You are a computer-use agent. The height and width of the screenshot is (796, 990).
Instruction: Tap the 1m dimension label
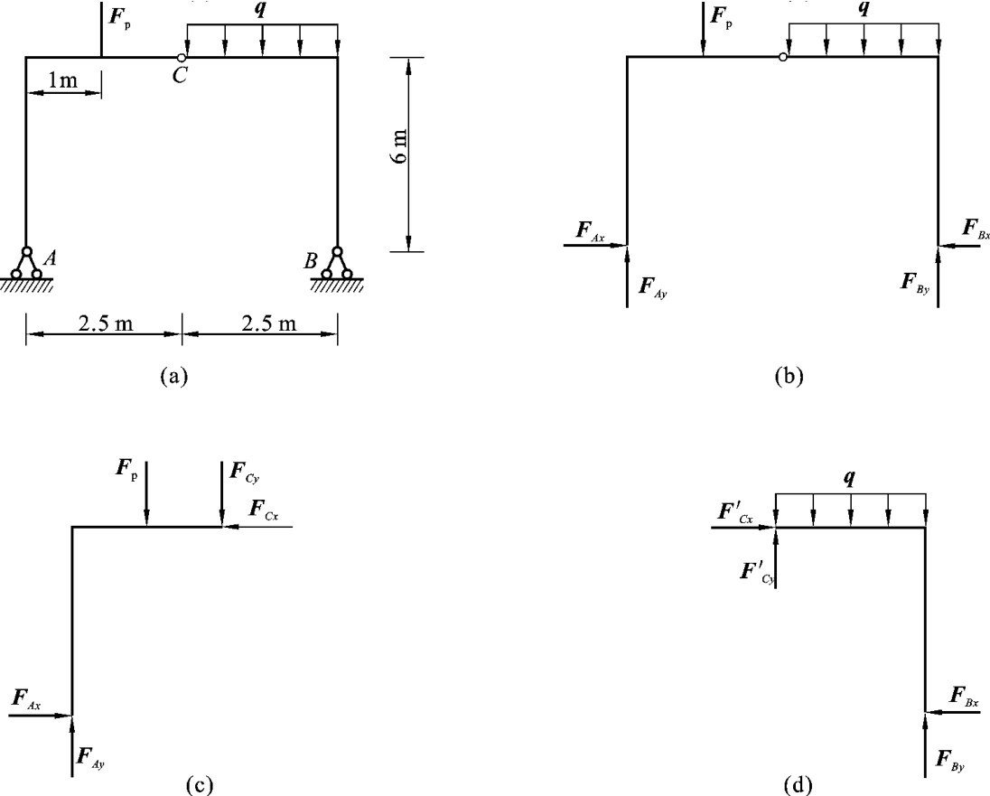coord(62,80)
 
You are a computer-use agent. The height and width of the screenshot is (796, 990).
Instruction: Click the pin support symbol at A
coord(26,265)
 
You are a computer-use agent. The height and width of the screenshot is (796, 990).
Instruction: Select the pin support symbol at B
coord(338,265)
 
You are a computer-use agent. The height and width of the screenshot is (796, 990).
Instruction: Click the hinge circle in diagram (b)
coord(782,58)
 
